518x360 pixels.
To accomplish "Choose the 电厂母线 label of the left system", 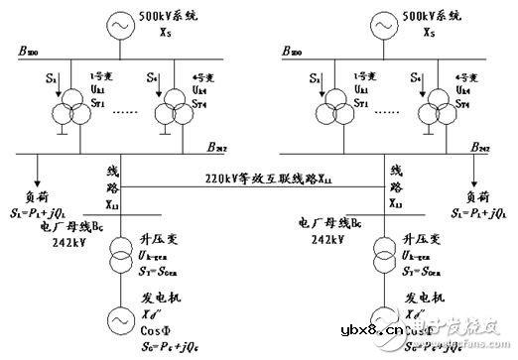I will click(x=57, y=227).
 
